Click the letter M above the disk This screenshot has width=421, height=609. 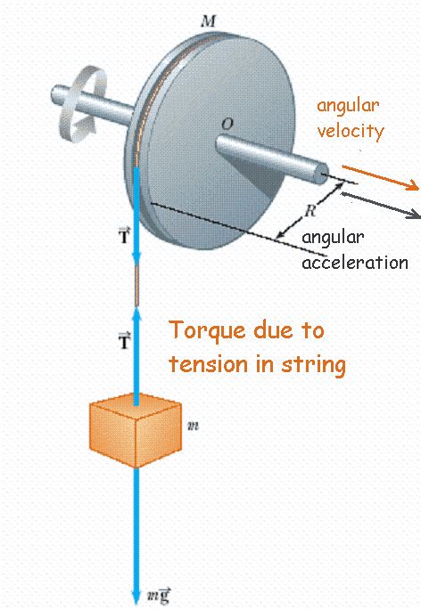point(208,19)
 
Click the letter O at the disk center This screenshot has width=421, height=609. point(227,126)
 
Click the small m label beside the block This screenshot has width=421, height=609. point(193,426)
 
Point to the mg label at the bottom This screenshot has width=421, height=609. point(158,597)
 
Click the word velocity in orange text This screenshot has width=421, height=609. point(350,131)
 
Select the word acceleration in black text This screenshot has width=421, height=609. point(354,263)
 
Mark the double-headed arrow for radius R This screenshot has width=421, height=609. point(308,208)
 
